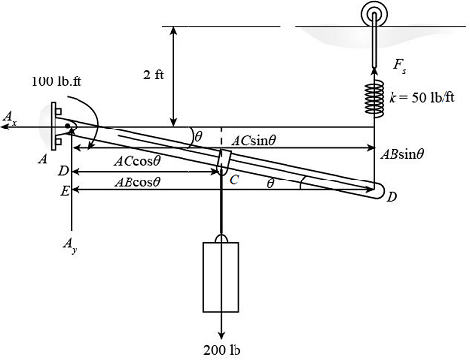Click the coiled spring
[374, 99]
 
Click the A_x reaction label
[9, 118]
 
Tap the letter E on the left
[64, 191]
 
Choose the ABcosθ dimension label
[136, 181]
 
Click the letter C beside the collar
[234, 180]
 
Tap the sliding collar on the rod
[223, 160]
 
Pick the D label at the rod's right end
[392, 199]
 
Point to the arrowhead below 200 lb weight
[221, 332]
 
